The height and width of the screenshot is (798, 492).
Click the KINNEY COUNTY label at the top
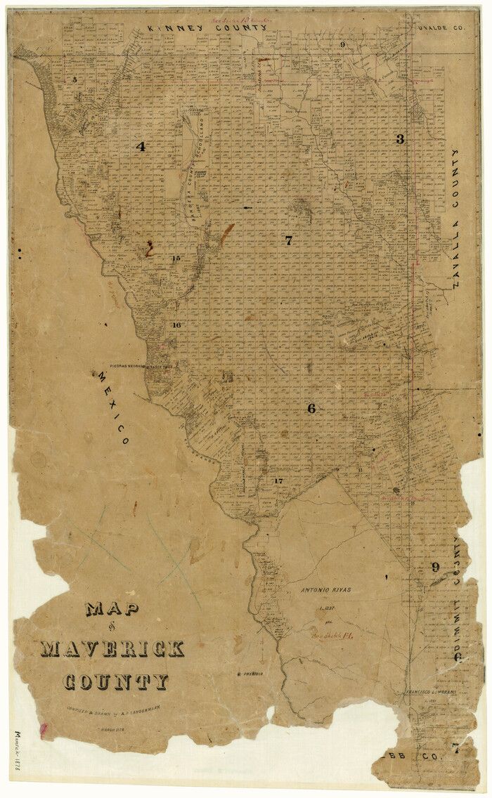click(x=207, y=27)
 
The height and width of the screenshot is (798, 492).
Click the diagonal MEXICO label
click(x=111, y=408)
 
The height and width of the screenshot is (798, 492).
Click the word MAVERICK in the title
click(x=112, y=648)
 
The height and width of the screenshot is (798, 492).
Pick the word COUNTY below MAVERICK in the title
click(x=116, y=681)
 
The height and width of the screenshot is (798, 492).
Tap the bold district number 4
click(x=141, y=147)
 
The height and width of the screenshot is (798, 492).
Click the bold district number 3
click(x=400, y=139)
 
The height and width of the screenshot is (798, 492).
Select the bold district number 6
click(x=311, y=408)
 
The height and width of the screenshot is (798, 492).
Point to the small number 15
click(x=176, y=259)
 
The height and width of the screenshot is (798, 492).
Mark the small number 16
click(x=176, y=325)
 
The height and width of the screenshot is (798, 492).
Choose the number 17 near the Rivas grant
click(x=278, y=480)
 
